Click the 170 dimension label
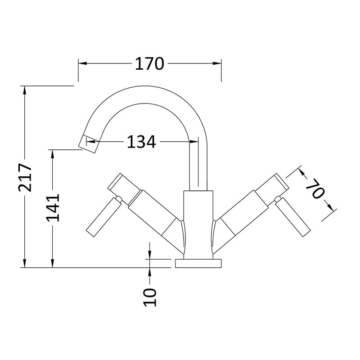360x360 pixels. (x=149, y=63)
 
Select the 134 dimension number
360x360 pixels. (x=141, y=142)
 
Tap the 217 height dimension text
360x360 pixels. (x=25, y=177)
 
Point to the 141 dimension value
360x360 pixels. (x=53, y=208)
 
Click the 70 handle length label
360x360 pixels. (x=315, y=188)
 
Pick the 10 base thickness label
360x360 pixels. (x=150, y=297)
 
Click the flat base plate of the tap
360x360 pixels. (x=198, y=264)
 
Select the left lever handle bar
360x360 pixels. (x=104, y=217)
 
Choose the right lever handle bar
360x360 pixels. (x=293, y=217)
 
